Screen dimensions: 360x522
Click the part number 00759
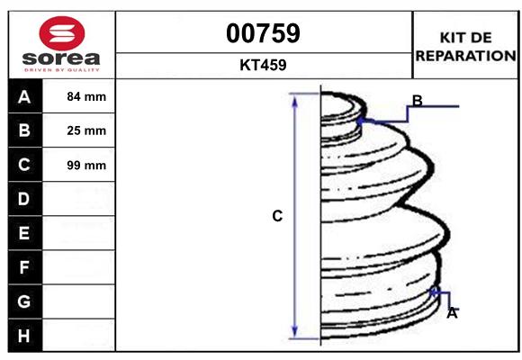click(x=263, y=33)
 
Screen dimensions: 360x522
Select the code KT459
click(x=263, y=66)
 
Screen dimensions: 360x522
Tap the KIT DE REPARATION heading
click(x=465, y=46)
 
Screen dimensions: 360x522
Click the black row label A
click(x=24, y=97)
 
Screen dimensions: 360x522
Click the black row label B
click(x=24, y=130)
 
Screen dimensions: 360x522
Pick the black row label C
click(x=24, y=165)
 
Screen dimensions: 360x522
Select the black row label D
click(x=24, y=199)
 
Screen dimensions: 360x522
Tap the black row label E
click(x=24, y=233)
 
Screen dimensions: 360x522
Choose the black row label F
click(x=24, y=267)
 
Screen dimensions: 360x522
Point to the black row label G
click(x=24, y=301)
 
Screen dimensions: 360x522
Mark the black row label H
click(x=24, y=335)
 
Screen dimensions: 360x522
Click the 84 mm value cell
click(x=86, y=97)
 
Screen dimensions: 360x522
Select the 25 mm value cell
click(x=86, y=130)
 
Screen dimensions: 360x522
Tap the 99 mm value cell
click(x=86, y=165)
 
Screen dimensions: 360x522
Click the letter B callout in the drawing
click(x=418, y=100)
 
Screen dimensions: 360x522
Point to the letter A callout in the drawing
click(x=453, y=313)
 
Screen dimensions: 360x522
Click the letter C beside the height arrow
click(x=277, y=216)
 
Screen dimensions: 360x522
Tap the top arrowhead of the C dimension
click(x=294, y=99)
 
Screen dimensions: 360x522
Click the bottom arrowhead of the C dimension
click(x=294, y=332)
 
